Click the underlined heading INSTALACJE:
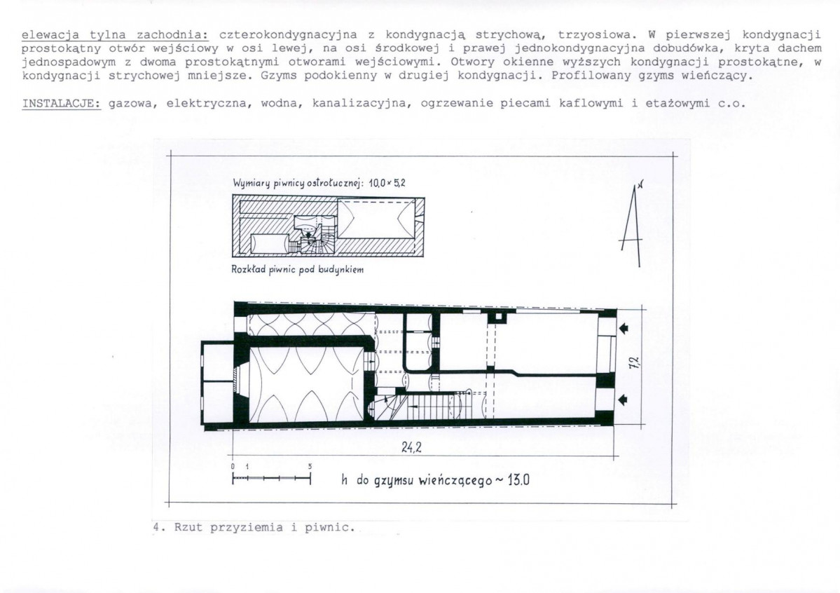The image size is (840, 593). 62,104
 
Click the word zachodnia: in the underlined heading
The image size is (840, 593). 155,34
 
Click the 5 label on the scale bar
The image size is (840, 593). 310,466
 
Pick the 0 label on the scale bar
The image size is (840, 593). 232,466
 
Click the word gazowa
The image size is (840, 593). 128,104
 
